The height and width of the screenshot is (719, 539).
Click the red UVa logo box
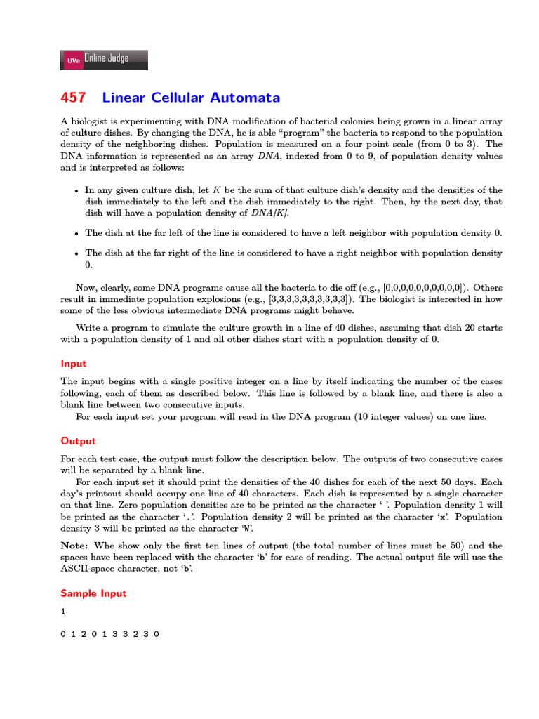(x=73, y=61)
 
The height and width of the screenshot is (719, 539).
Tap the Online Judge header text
(x=106, y=59)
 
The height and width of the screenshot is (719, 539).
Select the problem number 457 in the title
(x=74, y=98)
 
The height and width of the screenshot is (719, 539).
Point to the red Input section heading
(x=74, y=364)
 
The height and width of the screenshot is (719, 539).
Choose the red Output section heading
(x=78, y=442)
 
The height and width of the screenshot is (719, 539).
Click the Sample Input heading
(x=93, y=593)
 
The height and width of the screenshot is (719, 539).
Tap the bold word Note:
(x=75, y=546)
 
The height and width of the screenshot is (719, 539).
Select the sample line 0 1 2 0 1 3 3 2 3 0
(x=110, y=634)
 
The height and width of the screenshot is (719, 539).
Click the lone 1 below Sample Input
(x=63, y=612)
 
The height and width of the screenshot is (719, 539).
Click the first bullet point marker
(x=76, y=191)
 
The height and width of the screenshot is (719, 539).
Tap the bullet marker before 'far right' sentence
(x=76, y=253)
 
